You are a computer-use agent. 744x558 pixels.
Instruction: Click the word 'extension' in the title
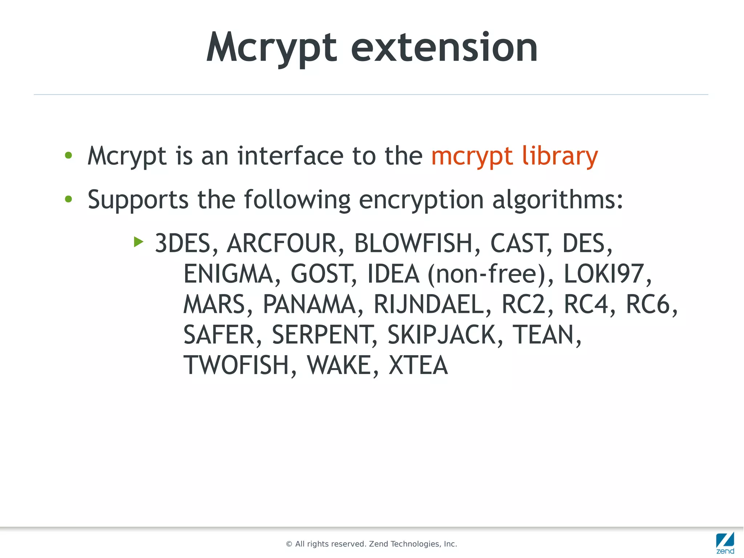tap(444, 47)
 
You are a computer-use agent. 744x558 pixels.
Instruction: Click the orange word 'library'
tap(560, 156)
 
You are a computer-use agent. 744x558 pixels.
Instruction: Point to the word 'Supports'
tap(138, 200)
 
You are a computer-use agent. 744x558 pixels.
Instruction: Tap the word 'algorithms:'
tap(558, 200)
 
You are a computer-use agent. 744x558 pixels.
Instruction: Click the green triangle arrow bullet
tap(138, 241)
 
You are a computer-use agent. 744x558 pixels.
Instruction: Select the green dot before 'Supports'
tap(68, 199)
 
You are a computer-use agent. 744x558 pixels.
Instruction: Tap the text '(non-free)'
tap(490, 274)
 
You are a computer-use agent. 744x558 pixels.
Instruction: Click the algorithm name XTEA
tap(418, 365)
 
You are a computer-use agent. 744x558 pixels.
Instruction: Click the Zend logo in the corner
tap(725, 543)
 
